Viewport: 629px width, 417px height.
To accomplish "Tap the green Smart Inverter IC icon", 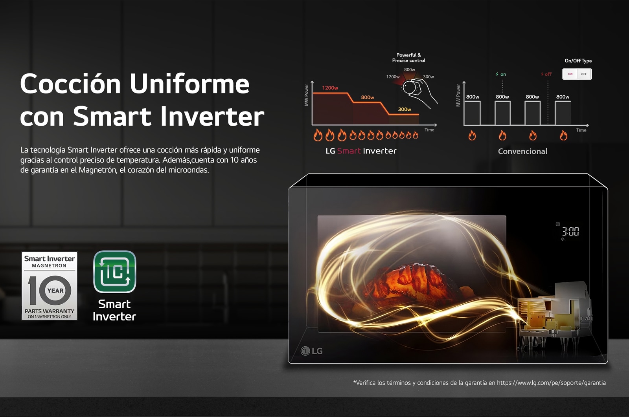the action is click(114, 272).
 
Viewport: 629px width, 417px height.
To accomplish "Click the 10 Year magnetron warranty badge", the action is click(50, 286).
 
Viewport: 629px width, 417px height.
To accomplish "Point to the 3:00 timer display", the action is click(570, 232).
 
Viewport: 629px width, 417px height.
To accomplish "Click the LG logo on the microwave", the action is click(312, 351).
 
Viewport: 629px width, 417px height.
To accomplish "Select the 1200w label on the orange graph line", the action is click(330, 88).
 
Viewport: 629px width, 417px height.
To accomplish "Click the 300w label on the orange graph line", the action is click(405, 110).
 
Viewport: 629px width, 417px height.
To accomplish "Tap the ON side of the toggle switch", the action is click(570, 74).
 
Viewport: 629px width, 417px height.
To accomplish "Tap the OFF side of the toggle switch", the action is click(584, 74).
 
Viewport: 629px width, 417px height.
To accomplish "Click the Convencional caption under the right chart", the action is click(522, 152).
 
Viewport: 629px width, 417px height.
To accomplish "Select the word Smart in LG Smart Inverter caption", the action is click(349, 151).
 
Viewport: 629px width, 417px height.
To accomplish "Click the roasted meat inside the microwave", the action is click(410, 283).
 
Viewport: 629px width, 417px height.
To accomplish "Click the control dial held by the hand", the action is click(409, 88).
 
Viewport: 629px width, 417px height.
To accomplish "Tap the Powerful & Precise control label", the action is click(408, 58).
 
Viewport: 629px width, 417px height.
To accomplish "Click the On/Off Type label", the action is click(578, 60).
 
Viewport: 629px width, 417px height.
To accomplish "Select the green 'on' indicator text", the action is click(501, 74).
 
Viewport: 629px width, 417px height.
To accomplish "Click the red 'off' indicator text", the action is click(546, 74).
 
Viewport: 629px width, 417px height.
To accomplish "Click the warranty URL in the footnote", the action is click(551, 383).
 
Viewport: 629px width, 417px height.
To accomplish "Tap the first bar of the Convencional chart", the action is click(472, 113).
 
